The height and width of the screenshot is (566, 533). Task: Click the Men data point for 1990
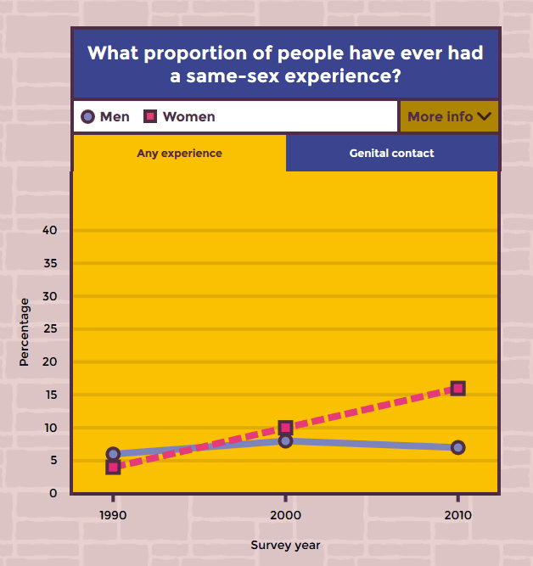coord(113,454)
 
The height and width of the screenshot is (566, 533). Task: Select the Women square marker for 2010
coord(458,389)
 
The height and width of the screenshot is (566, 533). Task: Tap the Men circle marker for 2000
coord(285,440)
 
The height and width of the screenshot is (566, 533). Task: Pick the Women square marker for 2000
coord(285,428)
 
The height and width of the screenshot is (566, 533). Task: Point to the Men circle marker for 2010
coord(458,447)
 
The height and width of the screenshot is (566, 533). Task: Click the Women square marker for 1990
coord(113,467)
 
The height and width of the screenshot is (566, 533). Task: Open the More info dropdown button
coord(449,116)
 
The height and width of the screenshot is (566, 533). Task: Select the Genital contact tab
coord(391,154)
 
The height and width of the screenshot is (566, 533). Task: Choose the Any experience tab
coord(179,154)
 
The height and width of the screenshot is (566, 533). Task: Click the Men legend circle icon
coord(87,117)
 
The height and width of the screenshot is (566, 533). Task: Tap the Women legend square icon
coord(150,117)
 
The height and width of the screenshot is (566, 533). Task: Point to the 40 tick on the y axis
coord(49,231)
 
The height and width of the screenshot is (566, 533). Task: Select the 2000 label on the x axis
coord(285,515)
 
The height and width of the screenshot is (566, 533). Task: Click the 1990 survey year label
coord(113,515)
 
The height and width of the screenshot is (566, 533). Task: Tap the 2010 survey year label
coord(458,515)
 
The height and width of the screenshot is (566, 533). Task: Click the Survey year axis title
coord(285,545)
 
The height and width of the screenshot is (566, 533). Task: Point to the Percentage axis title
coord(24,332)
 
